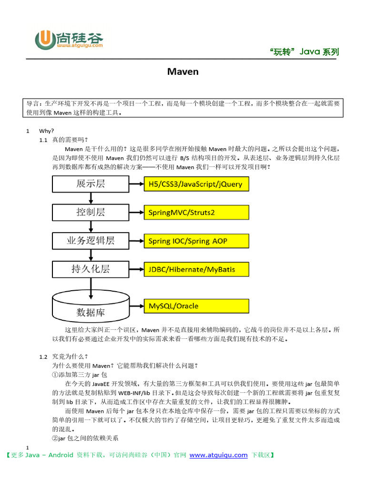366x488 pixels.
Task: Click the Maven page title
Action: tap(183, 72)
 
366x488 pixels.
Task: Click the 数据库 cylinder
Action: tap(91, 307)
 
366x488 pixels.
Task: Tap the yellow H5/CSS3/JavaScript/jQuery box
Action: tap(196, 184)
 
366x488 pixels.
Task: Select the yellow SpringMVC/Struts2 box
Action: tap(196, 213)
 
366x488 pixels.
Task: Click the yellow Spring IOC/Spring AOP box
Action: tap(196, 241)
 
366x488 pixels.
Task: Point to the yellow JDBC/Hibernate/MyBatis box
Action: tap(196, 269)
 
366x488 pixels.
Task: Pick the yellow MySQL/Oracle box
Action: tap(196, 305)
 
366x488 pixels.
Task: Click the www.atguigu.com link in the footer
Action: tap(218, 455)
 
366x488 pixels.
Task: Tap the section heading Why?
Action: tap(47, 131)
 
